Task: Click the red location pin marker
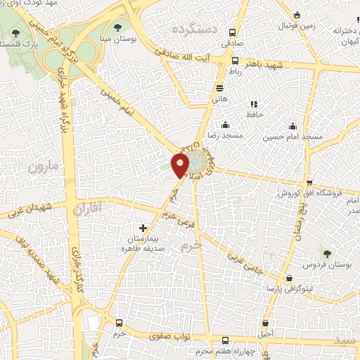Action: click(x=181, y=165)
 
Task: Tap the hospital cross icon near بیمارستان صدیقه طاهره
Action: click(x=143, y=228)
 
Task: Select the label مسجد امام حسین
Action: click(x=288, y=137)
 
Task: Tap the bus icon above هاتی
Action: click(x=220, y=88)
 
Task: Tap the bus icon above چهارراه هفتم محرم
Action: click(x=224, y=340)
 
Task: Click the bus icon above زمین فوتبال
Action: click(x=297, y=15)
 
